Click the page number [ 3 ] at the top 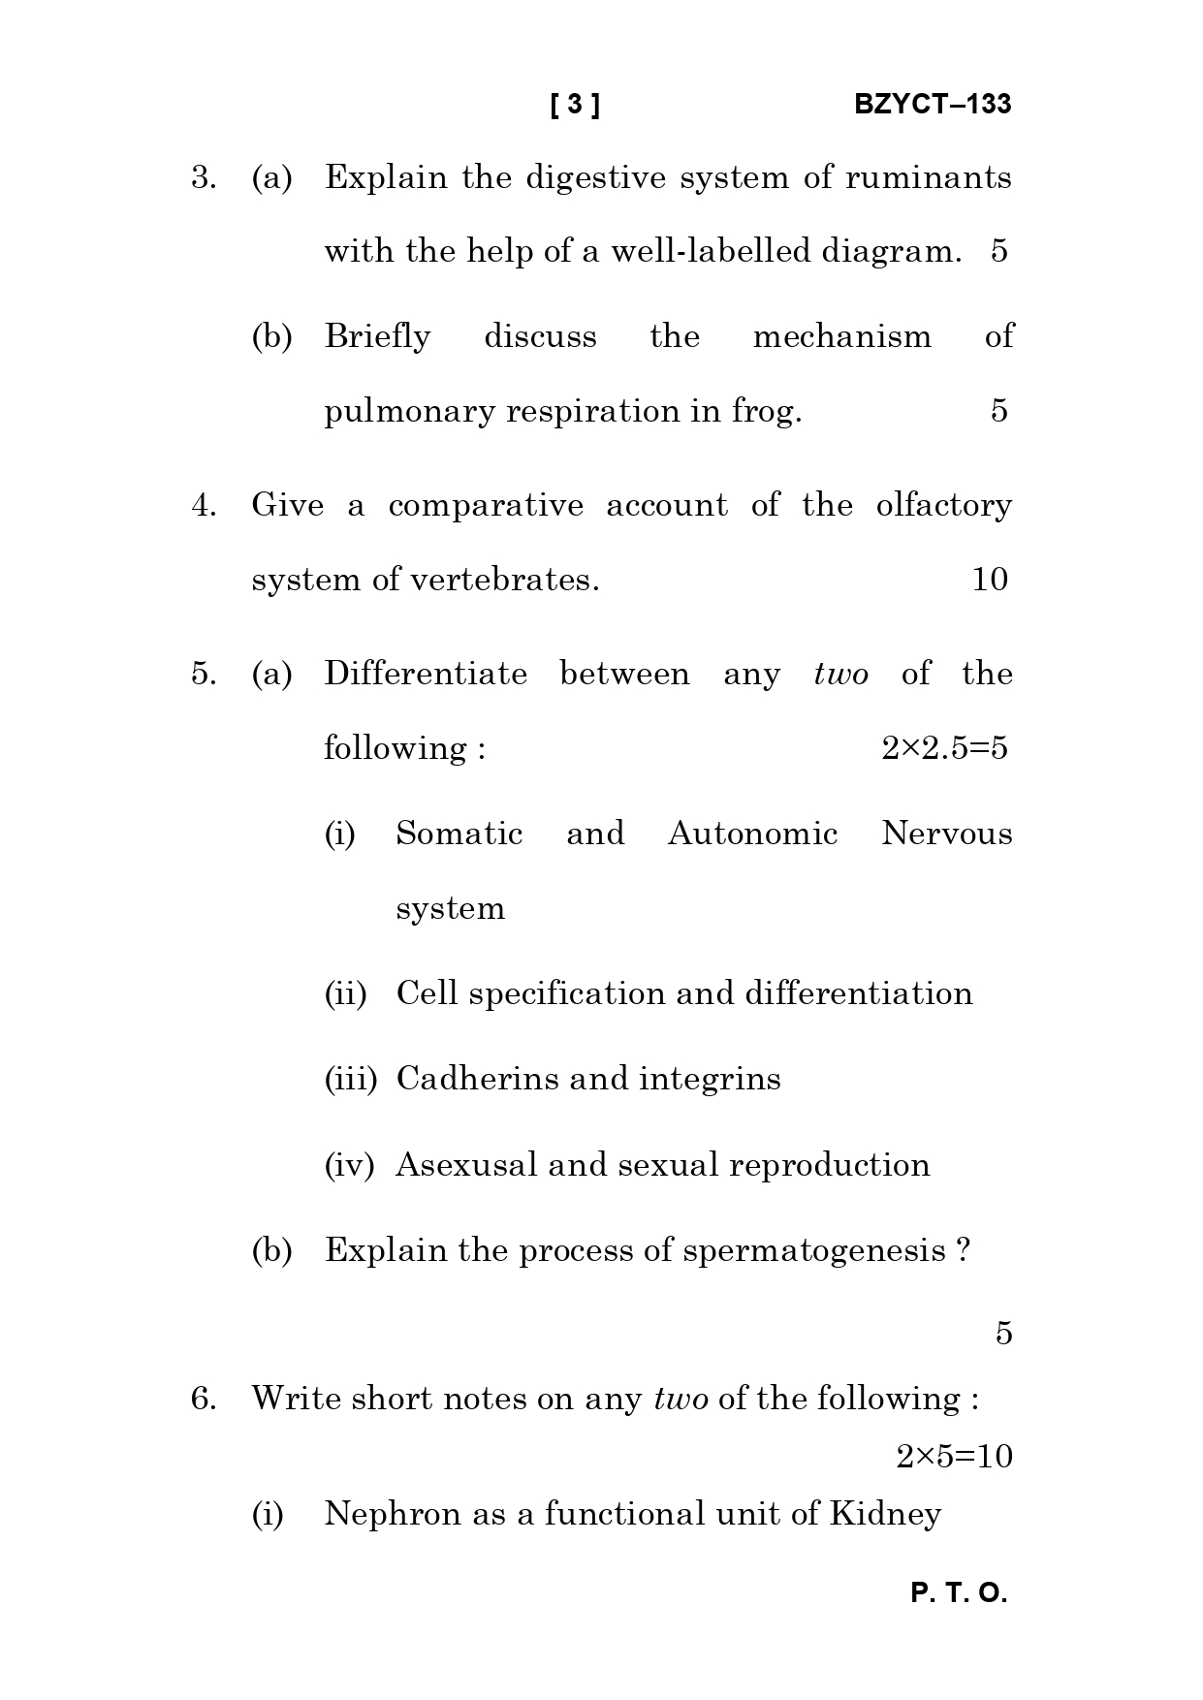tap(575, 105)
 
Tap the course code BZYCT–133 tap(933, 105)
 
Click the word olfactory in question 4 tap(943, 505)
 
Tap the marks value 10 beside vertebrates tap(990, 580)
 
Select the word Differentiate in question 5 tap(426, 674)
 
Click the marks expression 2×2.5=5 tap(944, 748)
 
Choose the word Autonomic tap(752, 834)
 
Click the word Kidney tap(885, 1514)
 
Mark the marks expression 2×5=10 tap(954, 1456)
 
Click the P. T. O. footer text tap(959, 1593)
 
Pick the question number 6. tap(203, 1399)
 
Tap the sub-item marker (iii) tap(350, 1079)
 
